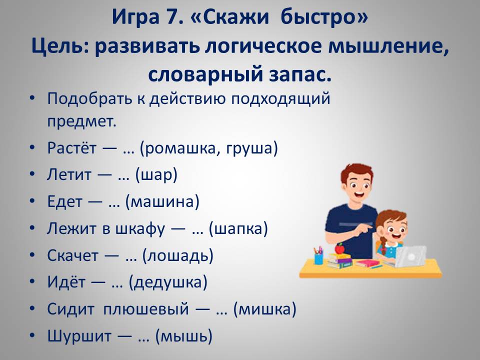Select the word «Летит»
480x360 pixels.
(x=69, y=174)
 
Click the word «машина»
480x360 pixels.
(x=162, y=202)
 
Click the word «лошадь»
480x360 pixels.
(x=178, y=256)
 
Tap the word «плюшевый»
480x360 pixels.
(x=145, y=309)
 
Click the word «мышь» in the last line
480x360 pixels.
(x=183, y=336)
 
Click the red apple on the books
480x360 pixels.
(x=339, y=248)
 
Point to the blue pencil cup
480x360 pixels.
(x=318, y=258)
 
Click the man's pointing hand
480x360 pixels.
(x=364, y=228)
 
